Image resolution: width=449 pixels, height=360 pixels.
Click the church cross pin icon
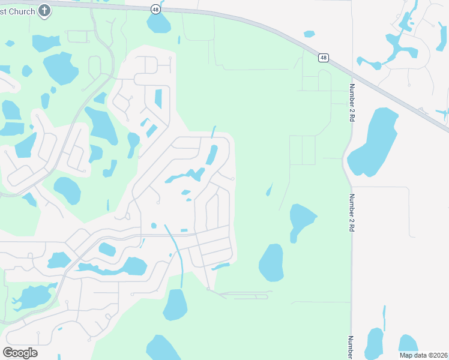click(x=44, y=10)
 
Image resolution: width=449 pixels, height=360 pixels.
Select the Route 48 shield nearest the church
click(x=155, y=10)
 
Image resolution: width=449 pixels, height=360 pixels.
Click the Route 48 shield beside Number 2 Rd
click(x=324, y=58)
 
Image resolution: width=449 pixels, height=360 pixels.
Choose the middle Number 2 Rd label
click(x=353, y=213)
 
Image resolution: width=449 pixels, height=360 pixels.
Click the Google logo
click(x=20, y=353)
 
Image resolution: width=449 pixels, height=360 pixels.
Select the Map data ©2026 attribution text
click(x=423, y=355)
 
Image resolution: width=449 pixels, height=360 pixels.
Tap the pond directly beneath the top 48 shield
click(x=158, y=23)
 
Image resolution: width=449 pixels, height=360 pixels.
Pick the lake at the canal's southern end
click(x=175, y=305)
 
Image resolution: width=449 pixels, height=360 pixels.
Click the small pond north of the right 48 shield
click(x=309, y=34)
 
